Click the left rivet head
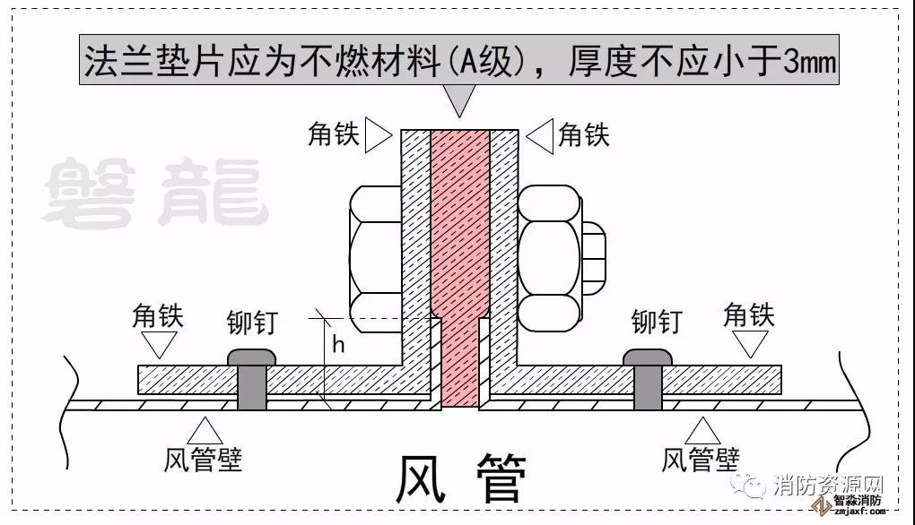[250, 356]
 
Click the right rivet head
[647, 356]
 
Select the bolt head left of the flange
[374, 254]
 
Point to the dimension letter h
[338, 344]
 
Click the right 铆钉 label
[656, 321]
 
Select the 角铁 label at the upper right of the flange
[583, 135]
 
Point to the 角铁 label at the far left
[158, 315]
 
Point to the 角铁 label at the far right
[748, 315]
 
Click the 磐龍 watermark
[156, 192]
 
